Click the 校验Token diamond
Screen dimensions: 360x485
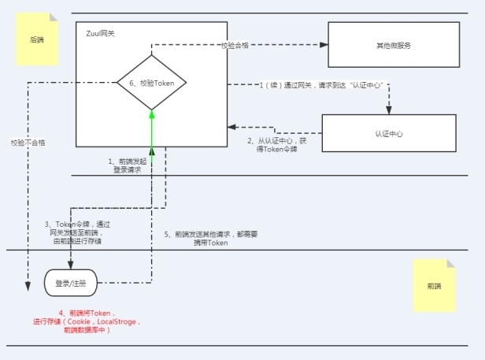click(x=151, y=83)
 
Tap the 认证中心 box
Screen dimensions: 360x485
click(x=389, y=134)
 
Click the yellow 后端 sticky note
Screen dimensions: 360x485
click(x=37, y=39)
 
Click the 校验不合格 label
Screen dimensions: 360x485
click(x=28, y=143)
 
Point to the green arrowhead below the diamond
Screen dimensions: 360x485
click(x=152, y=115)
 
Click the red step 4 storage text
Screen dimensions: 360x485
click(x=87, y=321)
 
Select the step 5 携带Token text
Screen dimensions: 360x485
click(x=201, y=239)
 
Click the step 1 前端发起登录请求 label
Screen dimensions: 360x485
click(x=124, y=165)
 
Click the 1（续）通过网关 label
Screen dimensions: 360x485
click(x=324, y=85)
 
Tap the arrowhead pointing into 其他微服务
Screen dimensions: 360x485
click(x=324, y=45)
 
